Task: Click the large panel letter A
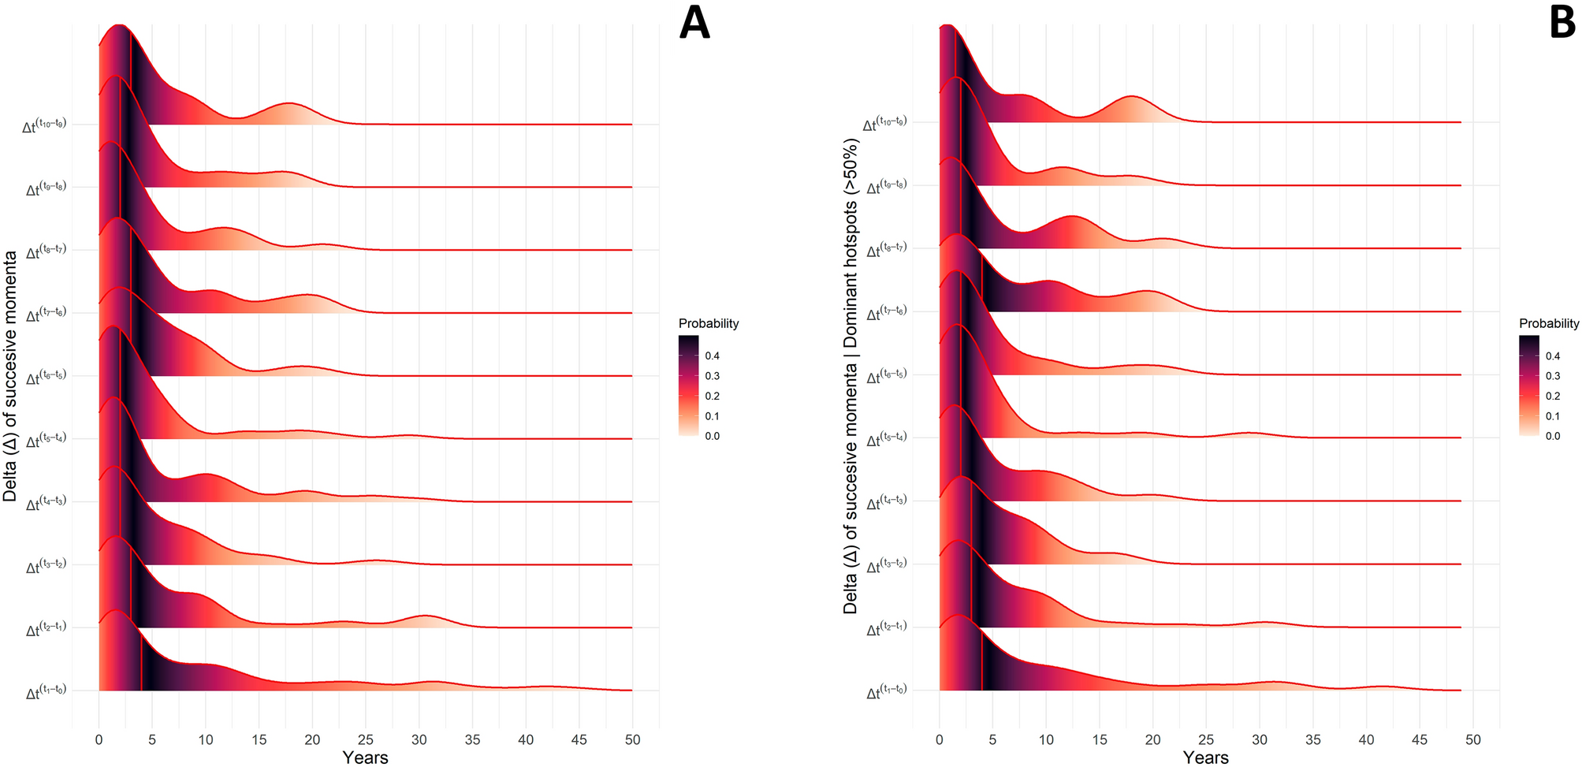pos(694,22)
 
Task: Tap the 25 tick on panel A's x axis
pos(366,740)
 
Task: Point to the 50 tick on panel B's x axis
pos(1472,740)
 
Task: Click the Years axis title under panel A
pos(365,758)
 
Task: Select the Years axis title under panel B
pos(1205,758)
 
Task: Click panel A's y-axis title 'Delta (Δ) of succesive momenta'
pos(10,376)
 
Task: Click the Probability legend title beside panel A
pos(709,323)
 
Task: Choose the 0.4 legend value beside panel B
pos(1553,356)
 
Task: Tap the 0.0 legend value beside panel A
pos(712,436)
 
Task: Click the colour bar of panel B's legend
pos(1528,386)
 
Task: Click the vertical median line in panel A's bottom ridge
pos(141,662)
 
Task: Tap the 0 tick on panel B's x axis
pos(939,740)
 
